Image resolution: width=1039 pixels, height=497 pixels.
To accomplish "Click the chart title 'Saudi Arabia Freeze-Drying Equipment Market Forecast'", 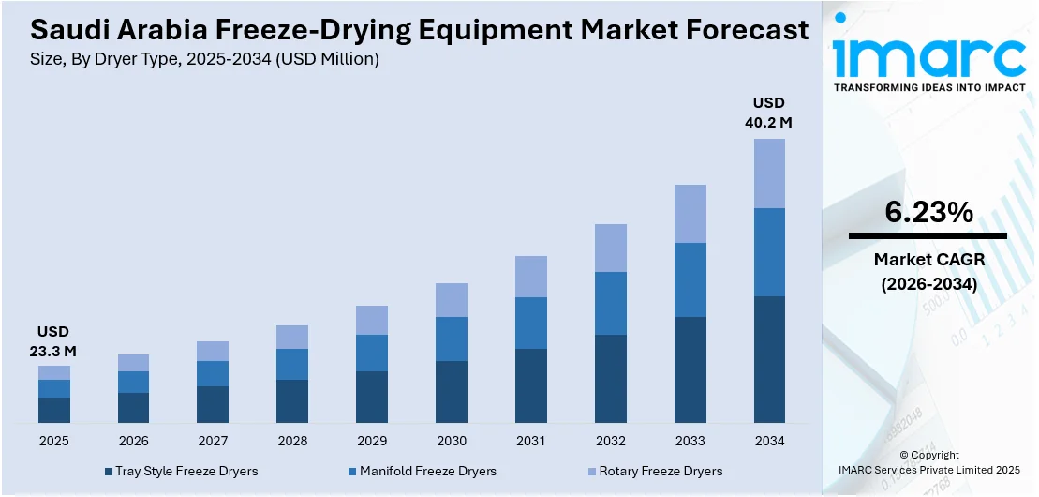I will pyautogui.click(x=419, y=30).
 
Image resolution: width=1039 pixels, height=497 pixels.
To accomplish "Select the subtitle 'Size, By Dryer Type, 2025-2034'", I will pyautogui.click(x=204, y=59).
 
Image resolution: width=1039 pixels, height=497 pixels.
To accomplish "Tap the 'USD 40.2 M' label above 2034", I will pyautogui.click(x=769, y=112).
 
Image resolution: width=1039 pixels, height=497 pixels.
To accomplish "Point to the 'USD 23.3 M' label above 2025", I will pyautogui.click(x=54, y=341).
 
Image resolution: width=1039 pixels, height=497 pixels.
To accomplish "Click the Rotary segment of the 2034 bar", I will pyautogui.click(x=769, y=173).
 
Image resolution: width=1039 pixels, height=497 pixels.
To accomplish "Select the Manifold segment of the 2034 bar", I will pyautogui.click(x=769, y=252).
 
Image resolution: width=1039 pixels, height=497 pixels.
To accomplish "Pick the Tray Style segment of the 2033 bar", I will pyautogui.click(x=690, y=369).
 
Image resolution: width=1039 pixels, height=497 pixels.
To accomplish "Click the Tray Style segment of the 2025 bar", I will pyautogui.click(x=54, y=410).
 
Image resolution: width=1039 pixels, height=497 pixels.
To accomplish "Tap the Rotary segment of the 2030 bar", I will pyautogui.click(x=452, y=300).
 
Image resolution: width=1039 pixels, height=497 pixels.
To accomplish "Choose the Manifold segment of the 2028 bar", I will pyautogui.click(x=292, y=364).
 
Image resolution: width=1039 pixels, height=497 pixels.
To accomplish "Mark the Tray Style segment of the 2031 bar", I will pyautogui.click(x=531, y=385).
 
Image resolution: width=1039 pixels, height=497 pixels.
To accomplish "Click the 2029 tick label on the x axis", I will pyautogui.click(x=372, y=441).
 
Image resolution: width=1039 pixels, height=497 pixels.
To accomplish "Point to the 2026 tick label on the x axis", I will pyautogui.click(x=134, y=441).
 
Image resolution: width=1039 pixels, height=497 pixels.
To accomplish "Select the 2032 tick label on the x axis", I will pyautogui.click(x=611, y=441).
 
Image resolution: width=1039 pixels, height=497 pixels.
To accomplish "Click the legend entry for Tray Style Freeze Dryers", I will pyautogui.click(x=181, y=471).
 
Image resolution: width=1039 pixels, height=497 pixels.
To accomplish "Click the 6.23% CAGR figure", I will pyautogui.click(x=928, y=213).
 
